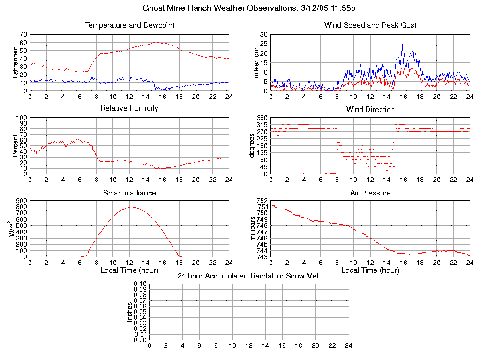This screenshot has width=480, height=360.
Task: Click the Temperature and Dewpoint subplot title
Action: [129, 25]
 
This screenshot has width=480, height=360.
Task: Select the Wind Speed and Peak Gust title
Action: [370, 25]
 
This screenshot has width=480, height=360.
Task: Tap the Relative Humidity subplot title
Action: [129, 108]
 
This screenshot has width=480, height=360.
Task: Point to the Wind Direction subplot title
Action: [370, 110]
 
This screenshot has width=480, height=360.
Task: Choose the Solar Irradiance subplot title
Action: [129, 193]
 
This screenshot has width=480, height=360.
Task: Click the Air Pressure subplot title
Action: [370, 193]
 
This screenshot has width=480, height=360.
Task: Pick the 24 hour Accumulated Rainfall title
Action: [249, 276]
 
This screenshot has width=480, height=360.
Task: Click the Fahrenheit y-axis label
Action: [15, 62]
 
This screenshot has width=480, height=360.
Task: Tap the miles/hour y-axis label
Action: [256, 62]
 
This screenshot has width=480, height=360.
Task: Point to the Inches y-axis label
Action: [130, 312]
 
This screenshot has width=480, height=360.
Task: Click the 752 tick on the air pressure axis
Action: [262, 201]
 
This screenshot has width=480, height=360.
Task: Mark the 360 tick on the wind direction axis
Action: [262, 118]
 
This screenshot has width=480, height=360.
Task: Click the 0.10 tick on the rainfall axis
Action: [140, 284]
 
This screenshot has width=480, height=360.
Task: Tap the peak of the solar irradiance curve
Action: [131, 207]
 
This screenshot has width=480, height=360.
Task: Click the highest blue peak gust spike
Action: [402, 44]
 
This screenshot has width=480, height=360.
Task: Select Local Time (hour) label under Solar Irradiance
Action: [129, 270]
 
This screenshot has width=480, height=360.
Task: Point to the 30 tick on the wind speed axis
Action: [264, 35]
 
